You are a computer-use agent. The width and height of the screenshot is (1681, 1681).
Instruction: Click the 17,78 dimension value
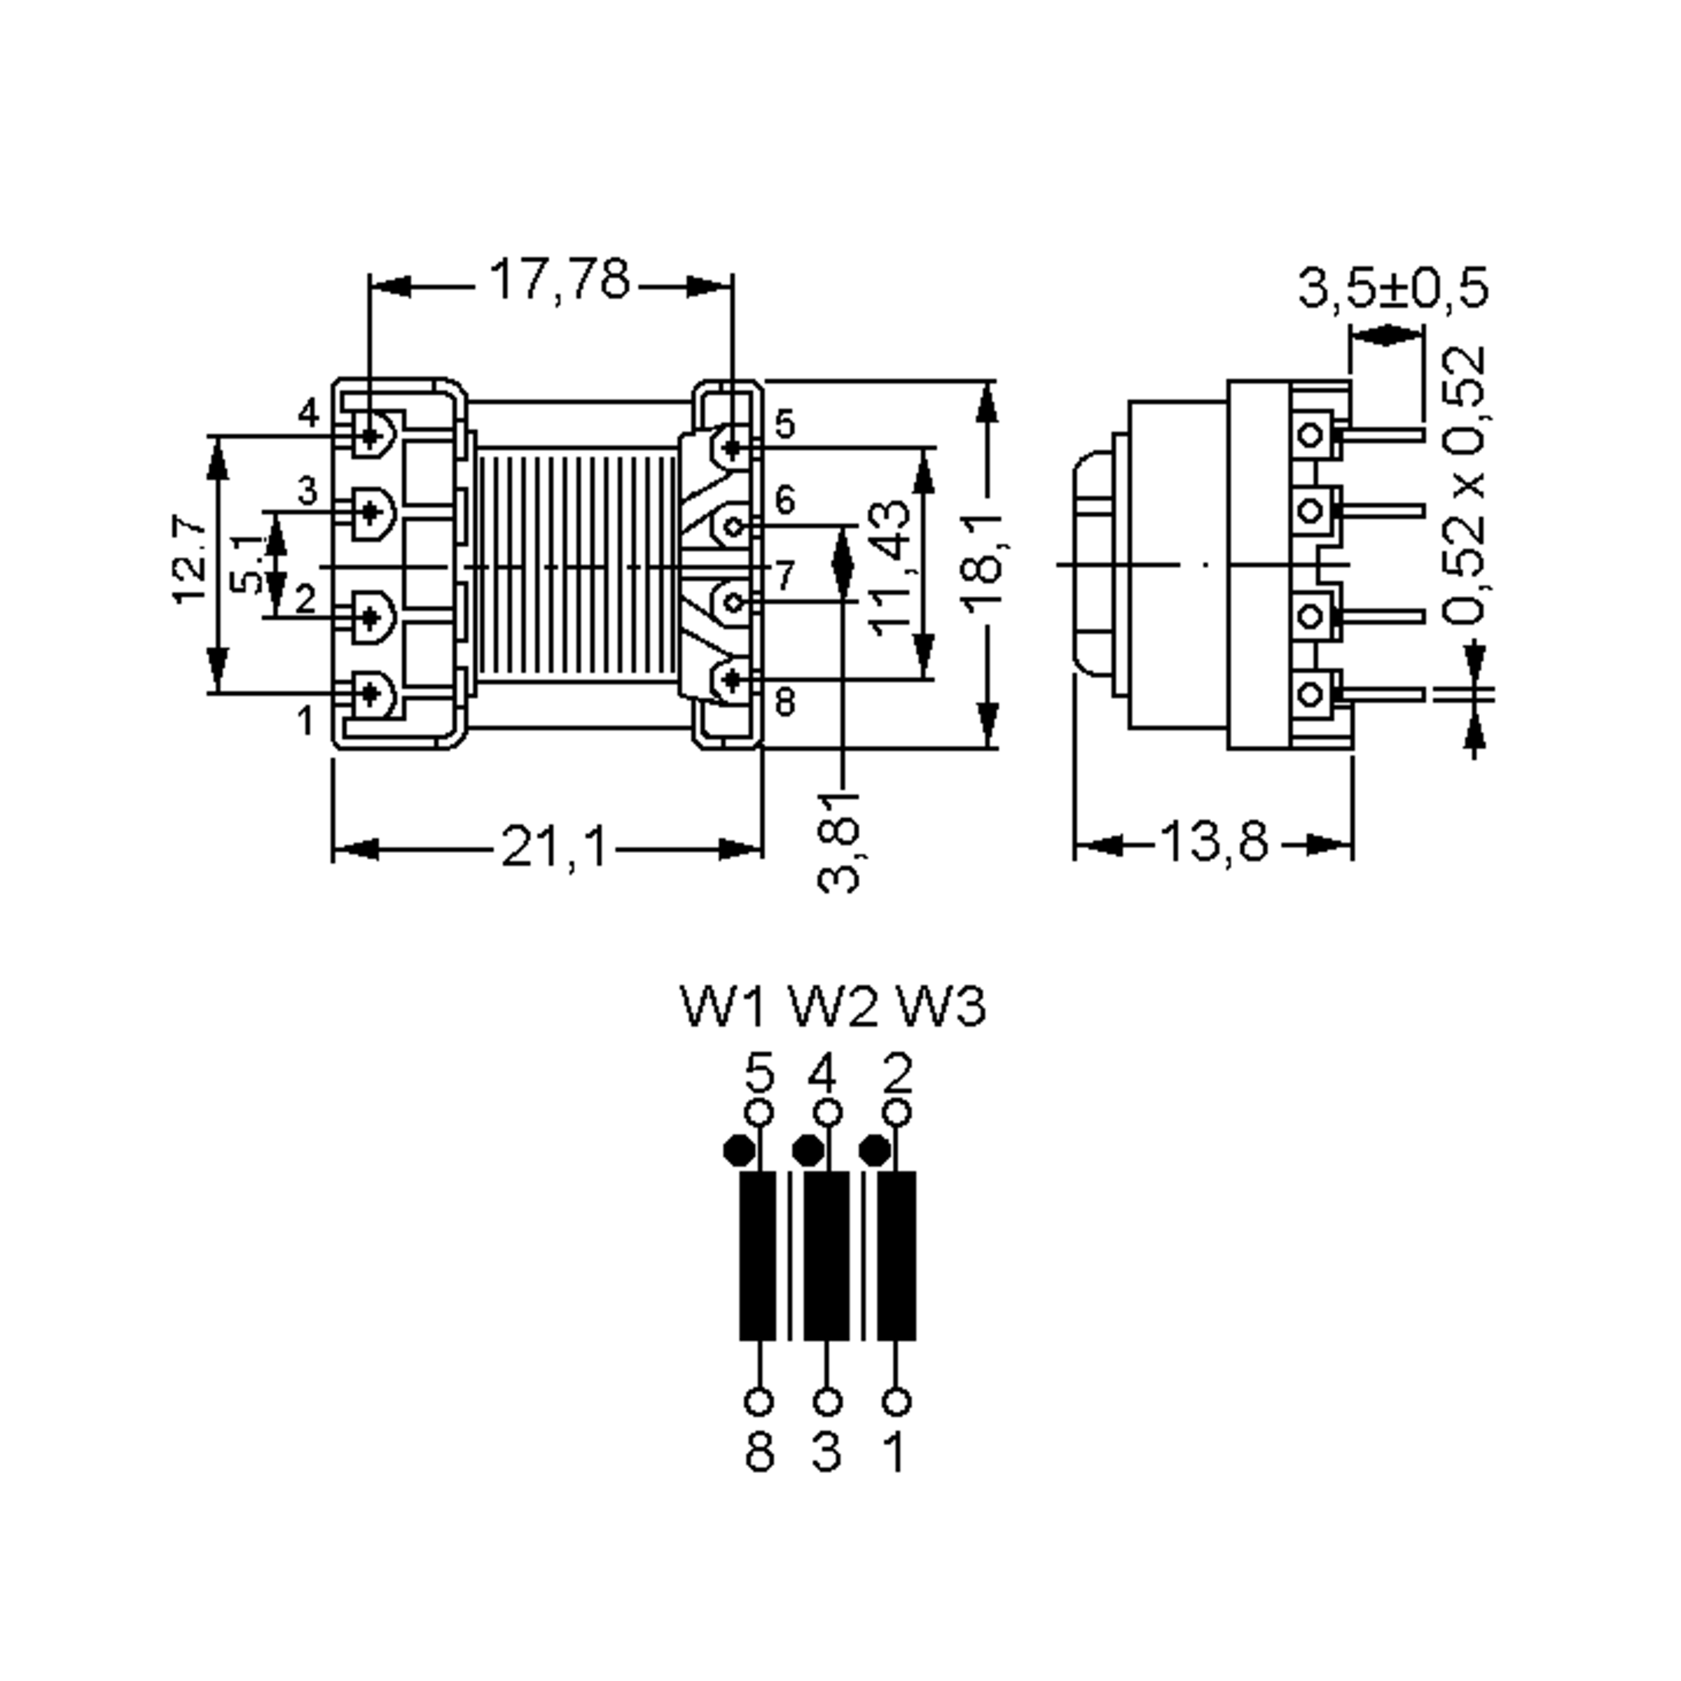(x=559, y=280)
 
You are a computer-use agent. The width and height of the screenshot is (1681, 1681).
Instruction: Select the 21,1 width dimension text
(x=554, y=847)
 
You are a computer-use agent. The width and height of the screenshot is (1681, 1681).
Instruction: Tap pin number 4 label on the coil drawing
(x=309, y=413)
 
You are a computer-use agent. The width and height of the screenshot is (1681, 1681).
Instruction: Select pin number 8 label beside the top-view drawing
(x=784, y=702)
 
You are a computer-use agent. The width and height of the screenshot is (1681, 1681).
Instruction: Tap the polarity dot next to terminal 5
(x=739, y=1150)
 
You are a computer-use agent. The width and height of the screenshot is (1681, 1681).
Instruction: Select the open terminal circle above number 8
(x=759, y=1402)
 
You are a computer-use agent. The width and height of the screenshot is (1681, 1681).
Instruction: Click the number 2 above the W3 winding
(x=897, y=1074)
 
